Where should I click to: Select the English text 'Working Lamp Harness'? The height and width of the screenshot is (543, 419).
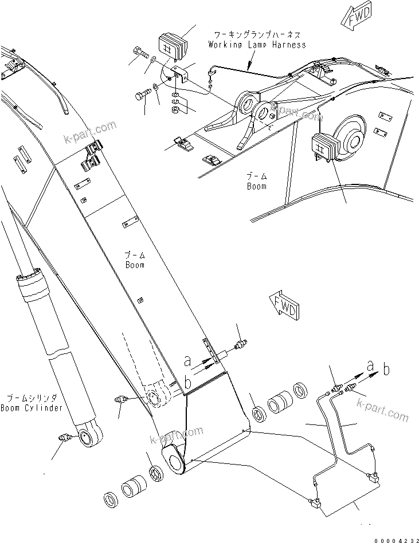257,45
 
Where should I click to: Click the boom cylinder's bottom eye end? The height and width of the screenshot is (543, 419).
89,440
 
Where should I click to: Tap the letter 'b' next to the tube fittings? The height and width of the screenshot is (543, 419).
387,369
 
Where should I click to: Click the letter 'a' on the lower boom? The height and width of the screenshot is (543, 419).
186,361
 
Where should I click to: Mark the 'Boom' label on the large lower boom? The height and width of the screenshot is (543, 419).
135,261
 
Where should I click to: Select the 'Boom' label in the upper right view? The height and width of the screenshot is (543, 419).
256,182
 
